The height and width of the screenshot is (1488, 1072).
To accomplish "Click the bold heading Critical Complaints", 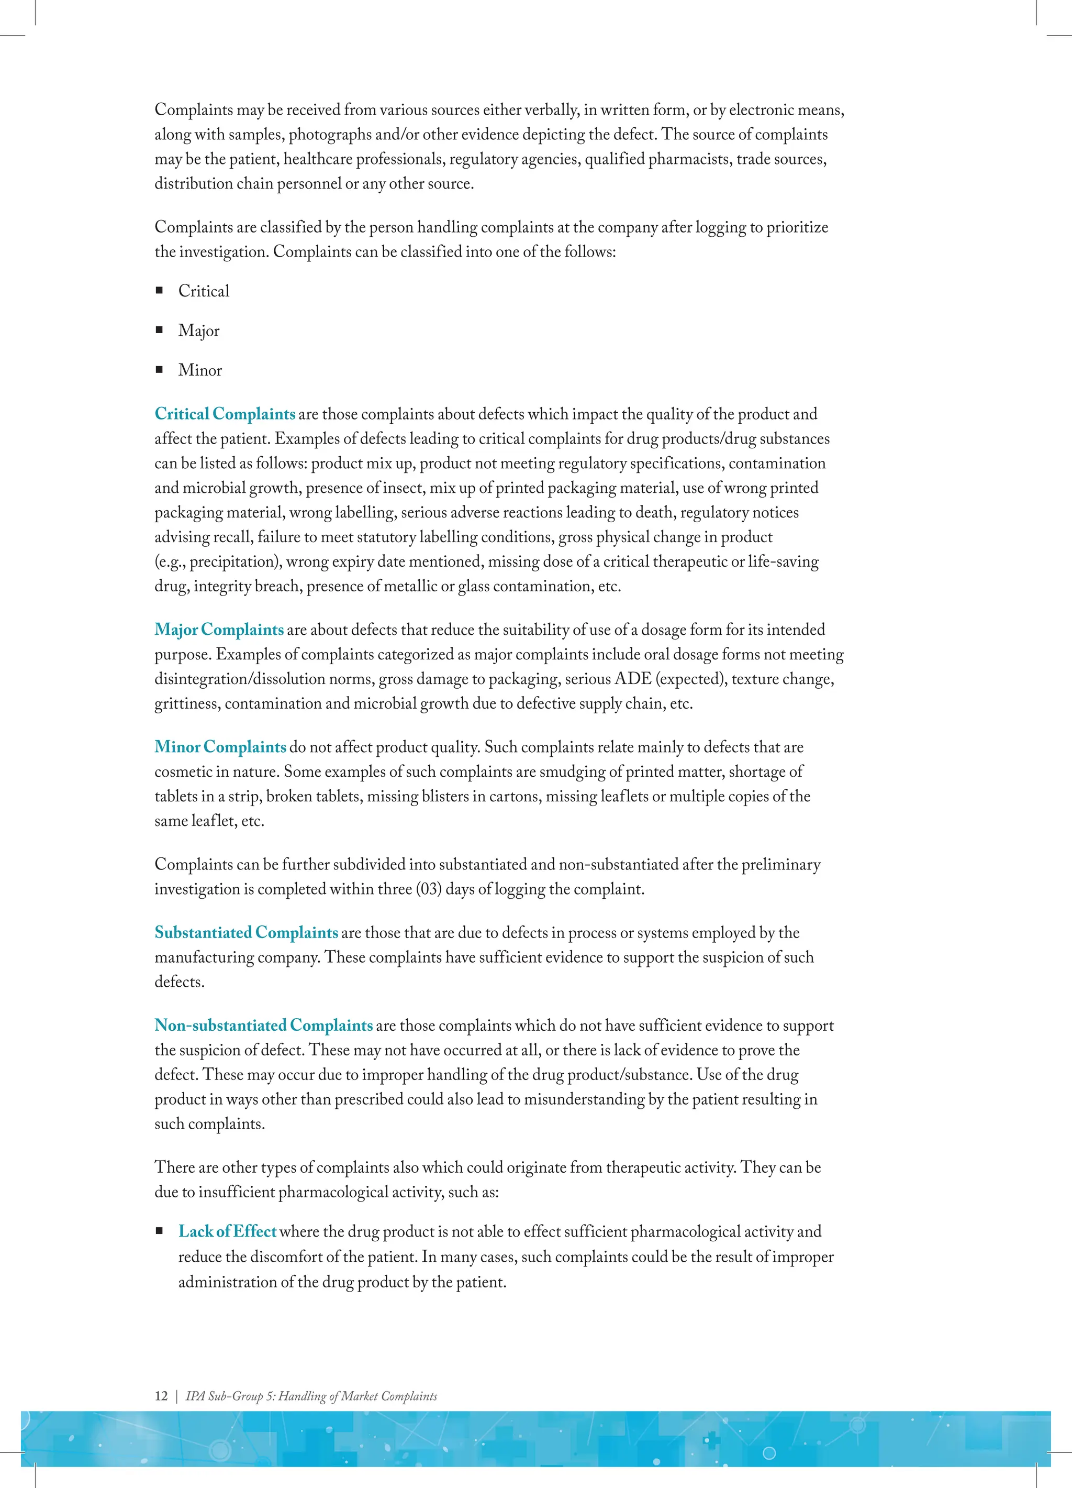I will tap(225, 414).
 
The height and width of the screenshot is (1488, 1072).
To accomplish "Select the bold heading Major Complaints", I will tap(219, 630).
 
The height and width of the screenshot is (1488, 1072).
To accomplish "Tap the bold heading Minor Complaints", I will tap(220, 747).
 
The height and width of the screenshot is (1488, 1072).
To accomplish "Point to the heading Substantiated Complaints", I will tap(247, 933).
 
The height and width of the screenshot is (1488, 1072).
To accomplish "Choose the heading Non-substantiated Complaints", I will tap(264, 1026).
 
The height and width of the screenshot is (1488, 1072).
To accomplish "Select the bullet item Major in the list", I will tap(199, 330).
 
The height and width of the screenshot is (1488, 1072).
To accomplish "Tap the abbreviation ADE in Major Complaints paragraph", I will tap(633, 679).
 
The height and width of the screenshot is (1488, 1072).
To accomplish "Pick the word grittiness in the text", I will tap(187, 704).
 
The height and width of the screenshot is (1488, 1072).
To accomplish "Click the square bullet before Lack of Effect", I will tap(159, 1231).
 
